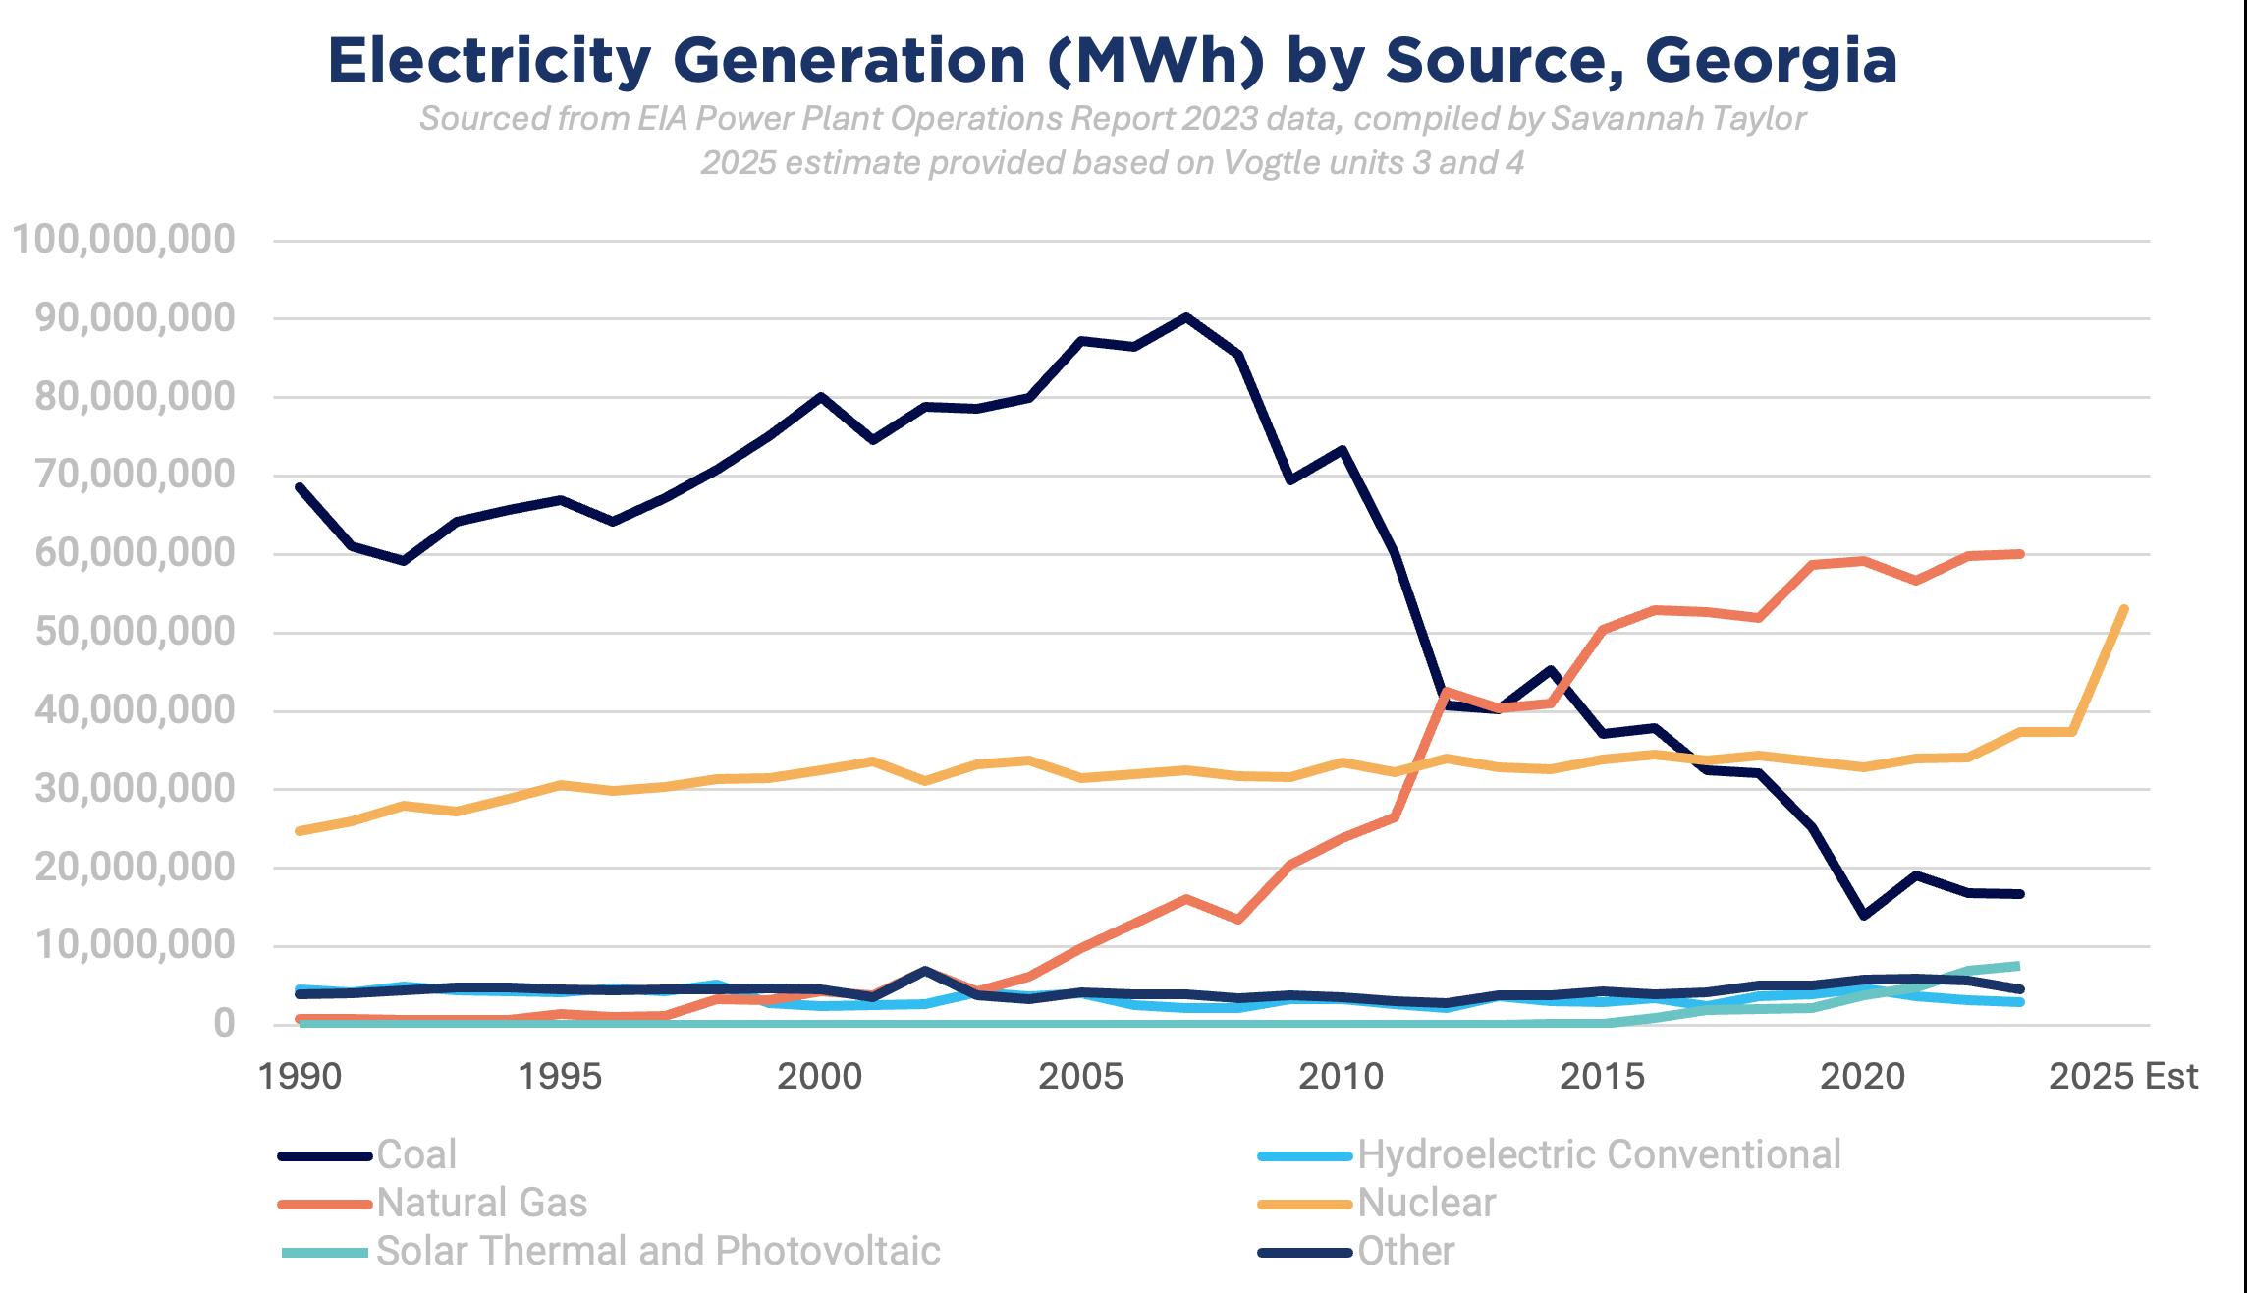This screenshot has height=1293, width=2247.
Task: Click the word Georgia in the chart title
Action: (1771, 61)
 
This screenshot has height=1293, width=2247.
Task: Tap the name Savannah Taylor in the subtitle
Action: (1678, 119)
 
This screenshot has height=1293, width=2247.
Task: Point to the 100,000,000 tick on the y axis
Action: (125, 240)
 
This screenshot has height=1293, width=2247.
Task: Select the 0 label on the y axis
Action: (224, 1024)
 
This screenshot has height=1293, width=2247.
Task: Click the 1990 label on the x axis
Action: (301, 1077)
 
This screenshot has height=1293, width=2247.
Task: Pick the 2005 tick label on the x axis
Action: (1080, 1077)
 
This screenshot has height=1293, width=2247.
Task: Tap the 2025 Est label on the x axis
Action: (2123, 1077)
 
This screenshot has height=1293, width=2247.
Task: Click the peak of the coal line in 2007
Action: (1186, 317)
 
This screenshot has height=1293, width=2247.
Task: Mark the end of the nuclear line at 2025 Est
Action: (2124, 609)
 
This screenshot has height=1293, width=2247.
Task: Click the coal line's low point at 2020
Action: (1863, 916)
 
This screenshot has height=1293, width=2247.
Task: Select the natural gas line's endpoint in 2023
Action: (2019, 554)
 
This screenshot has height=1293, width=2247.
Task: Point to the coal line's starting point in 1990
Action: (300, 486)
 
